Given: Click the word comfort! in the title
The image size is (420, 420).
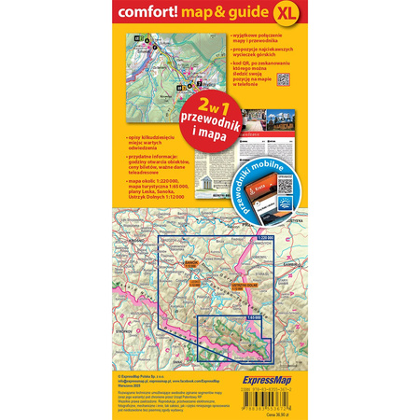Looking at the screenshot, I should tap(149, 13).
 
